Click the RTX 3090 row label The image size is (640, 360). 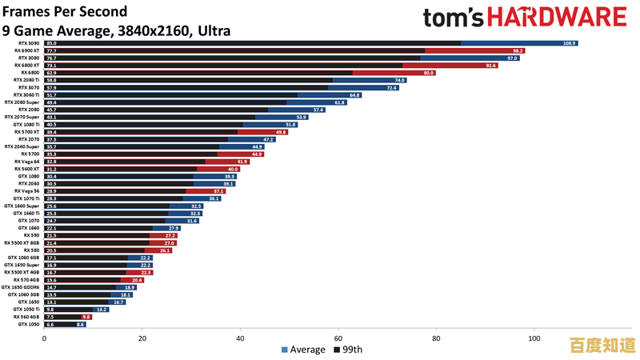(29, 43)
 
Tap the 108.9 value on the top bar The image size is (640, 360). (570, 43)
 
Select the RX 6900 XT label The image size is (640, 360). (26, 50)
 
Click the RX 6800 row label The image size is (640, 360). (30, 73)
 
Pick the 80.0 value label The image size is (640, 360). (428, 73)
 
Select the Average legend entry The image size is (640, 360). (303, 350)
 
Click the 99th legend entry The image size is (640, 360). (348, 350)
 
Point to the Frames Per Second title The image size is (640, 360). (65, 11)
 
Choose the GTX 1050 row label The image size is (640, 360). (28, 324)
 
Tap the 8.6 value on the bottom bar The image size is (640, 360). (80, 324)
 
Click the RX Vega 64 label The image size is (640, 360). (27, 162)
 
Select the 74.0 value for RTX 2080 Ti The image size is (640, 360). (399, 80)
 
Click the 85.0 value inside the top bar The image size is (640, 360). (51, 43)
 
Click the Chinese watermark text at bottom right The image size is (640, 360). (602, 346)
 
